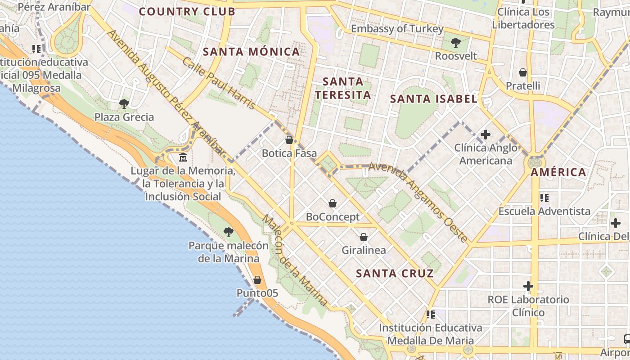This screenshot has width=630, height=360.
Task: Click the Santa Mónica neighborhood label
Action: [251, 52]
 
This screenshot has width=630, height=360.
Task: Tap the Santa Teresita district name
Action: [343, 88]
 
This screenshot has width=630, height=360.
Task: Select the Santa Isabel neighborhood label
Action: [433, 99]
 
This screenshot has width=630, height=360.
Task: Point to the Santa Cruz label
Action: [395, 273]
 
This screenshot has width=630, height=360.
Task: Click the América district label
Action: [558, 172]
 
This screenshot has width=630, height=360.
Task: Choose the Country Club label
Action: [187, 12]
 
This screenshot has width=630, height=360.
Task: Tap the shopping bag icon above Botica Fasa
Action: [289, 140]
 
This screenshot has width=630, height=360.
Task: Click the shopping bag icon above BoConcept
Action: [333, 203]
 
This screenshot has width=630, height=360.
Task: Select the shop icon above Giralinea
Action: [364, 237]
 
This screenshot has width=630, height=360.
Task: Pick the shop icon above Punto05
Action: [257, 280]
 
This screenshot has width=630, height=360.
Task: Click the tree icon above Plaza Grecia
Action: [124, 104]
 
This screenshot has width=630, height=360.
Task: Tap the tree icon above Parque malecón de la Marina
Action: [229, 232]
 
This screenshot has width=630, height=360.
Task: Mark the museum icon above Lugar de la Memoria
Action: [183, 157]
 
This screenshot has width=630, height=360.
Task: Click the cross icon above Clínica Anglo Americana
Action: [485, 134]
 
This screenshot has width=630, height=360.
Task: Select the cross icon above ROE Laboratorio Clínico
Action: [528, 286]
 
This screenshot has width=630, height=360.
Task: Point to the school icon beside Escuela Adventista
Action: [544, 198]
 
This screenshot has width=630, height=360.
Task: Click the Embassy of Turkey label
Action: [397, 29]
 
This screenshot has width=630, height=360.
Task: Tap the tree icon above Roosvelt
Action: [455, 43]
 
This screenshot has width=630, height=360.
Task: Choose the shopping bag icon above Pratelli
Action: [523, 72]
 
